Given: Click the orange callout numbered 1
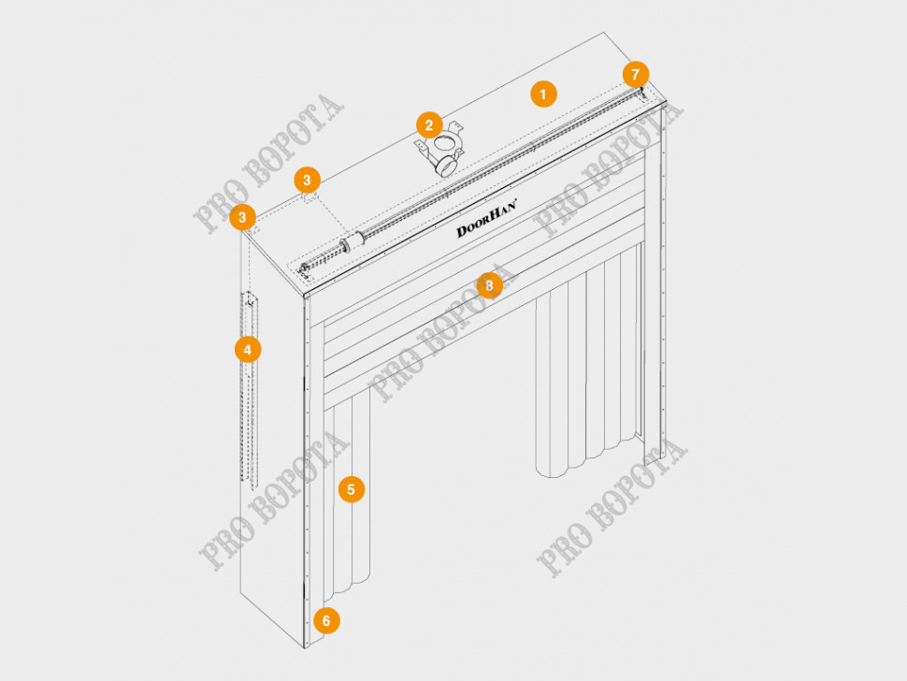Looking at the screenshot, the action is coord(543,94).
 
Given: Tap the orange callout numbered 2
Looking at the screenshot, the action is coord(429,125).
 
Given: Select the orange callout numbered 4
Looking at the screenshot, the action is coord(248,350).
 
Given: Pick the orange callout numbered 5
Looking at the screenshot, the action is coord(352,489).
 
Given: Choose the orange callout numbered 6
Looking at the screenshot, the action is coord(326,621).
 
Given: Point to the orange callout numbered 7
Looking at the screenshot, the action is coord(636,74).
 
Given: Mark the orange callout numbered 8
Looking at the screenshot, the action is coord(489,285).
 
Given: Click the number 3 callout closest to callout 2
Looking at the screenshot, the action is coord(307,181).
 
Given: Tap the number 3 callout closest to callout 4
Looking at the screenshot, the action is coord(242,218).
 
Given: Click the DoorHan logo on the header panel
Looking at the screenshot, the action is coord(487,218).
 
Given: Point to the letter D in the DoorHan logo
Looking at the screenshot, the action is coord(462,231).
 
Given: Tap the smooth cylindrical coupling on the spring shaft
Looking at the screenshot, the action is coord(353,242).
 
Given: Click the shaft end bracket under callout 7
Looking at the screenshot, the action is coord(641,93).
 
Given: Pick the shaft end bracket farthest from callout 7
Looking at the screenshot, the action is coord(304,269).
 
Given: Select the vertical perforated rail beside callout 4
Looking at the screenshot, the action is coord(250,389).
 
